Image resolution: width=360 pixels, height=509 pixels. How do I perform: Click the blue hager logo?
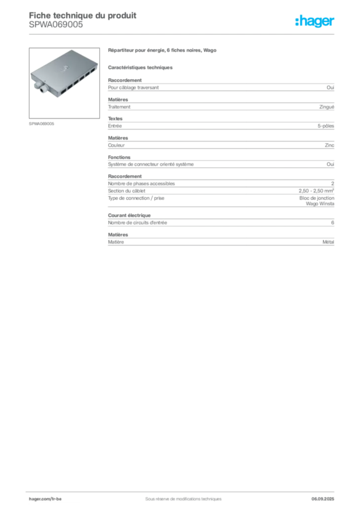point(316,22)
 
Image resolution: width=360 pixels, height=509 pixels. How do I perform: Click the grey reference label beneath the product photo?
point(42,123)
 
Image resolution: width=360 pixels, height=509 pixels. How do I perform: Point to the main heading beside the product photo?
point(163,51)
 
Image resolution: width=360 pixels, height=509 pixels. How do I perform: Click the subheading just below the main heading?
point(141,67)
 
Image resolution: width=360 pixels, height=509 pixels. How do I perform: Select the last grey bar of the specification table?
point(220,241)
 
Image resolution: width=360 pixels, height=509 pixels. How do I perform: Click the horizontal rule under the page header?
point(182,33)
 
